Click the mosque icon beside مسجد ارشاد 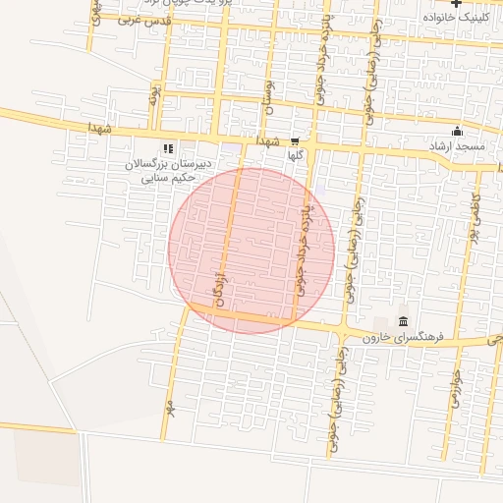pos(456,132)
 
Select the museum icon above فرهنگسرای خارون pos(404,321)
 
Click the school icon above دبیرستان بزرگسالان pos(168,149)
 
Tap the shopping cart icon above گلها pos(295,141)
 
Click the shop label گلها pos(295,155)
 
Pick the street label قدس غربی pos(144,20)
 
